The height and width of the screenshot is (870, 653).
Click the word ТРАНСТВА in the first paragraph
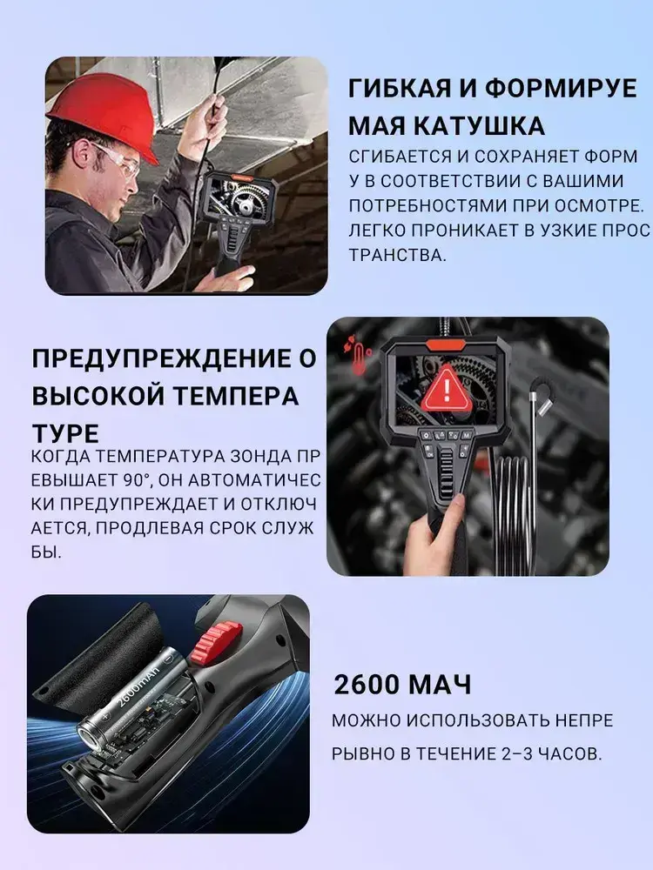point(398,255)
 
